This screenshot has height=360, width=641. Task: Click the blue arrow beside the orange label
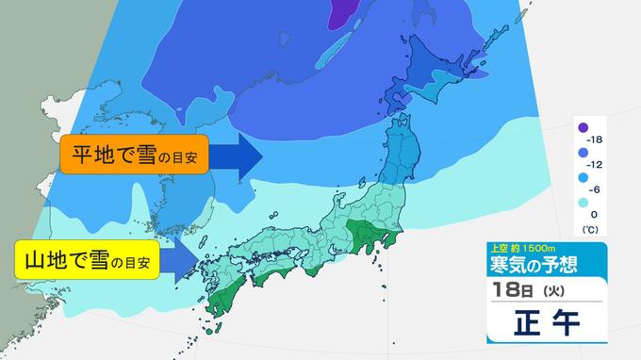(x=236, y=155)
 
